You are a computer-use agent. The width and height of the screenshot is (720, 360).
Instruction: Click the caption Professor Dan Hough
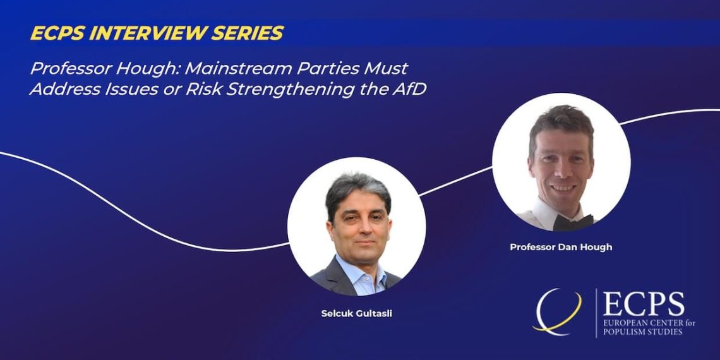(x=561, y=247)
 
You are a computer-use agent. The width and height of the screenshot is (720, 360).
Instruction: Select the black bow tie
(x=573, y=222)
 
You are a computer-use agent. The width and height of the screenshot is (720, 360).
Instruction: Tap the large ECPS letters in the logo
(x=644, y=304)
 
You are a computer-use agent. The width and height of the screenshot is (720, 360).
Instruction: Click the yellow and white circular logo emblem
(x=556, y=312)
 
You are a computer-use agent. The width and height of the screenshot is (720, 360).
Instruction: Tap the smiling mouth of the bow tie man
(x=563, y=188)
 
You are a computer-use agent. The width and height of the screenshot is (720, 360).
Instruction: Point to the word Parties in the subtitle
(x=351, y=68)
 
